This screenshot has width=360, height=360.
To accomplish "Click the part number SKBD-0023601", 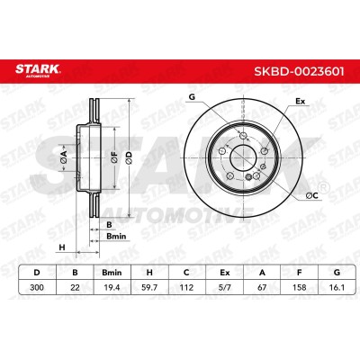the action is tap(299, 71).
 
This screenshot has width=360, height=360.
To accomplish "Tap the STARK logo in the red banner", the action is tap(38, 70).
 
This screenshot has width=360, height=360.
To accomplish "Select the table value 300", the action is tap(37, 287).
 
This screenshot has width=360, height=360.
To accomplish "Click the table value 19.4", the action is tap(112, 287).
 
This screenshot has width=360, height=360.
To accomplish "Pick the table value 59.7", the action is tap(149, 287).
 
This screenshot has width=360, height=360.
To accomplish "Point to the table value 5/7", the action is tap(224, 287).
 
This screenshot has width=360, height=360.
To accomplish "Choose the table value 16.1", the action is tap(337, 287).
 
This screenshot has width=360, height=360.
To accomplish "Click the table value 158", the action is tap(300, 287).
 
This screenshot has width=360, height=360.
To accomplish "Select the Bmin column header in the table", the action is tap(112, 273).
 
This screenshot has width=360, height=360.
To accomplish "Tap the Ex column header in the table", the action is tap(224, 273).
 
